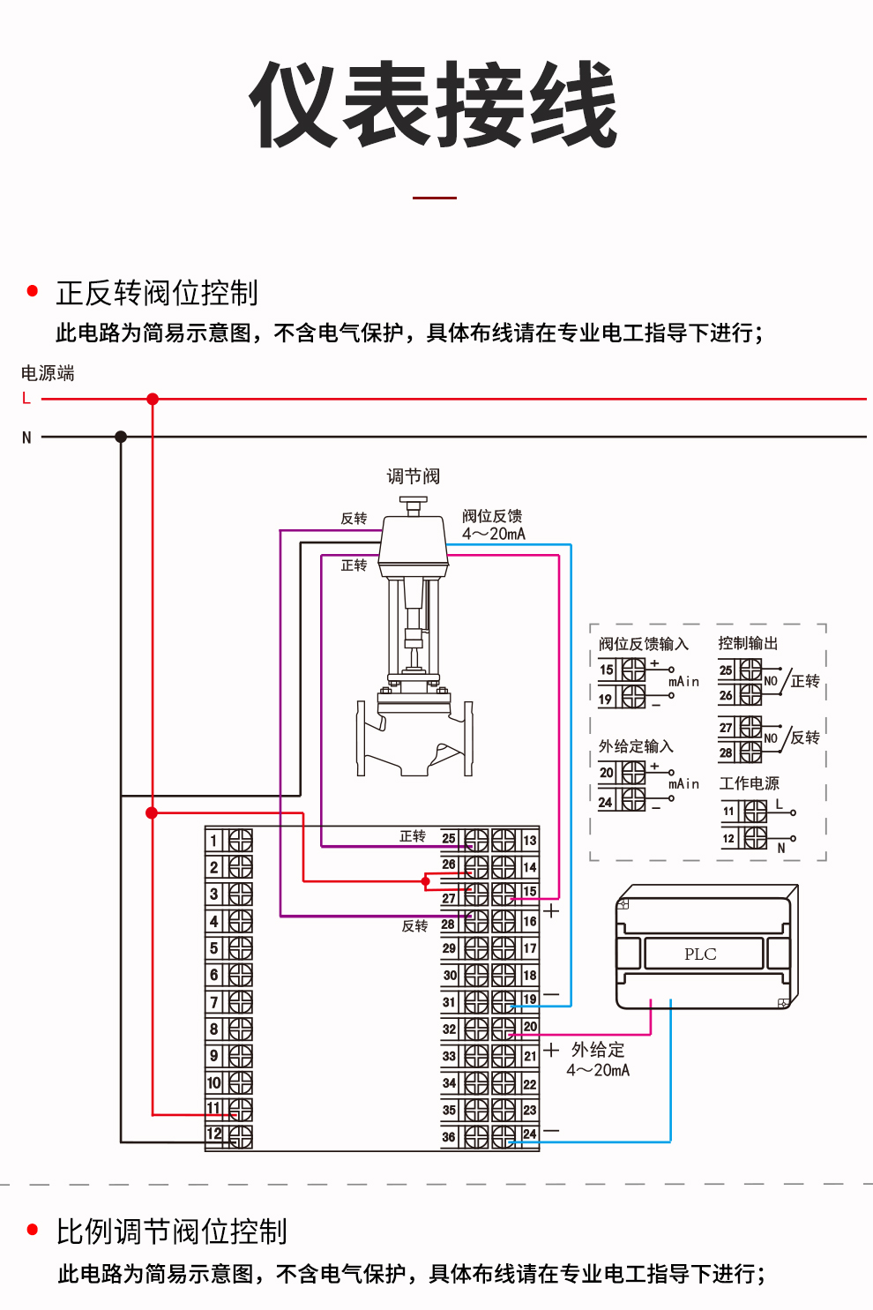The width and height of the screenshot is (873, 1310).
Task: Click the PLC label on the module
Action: [x=700, y=954]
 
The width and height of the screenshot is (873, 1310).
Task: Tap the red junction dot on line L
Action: [x=153, y=399]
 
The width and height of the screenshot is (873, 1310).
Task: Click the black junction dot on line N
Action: [x=121, y=437]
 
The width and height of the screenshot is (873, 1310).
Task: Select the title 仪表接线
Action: [x=435, y=106]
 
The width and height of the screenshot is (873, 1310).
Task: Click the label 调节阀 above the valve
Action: [x=413, y=476]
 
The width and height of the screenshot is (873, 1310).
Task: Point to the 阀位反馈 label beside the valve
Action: [x=492, y=516]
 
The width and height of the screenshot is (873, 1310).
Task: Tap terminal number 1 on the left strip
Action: [x=214, y=841]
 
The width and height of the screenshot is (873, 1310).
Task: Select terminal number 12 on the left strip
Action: [x=214, y=1134]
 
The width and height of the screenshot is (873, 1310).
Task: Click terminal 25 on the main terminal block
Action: [x=449, y=839]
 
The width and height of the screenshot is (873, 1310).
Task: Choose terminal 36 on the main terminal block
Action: [x=449, y=1137]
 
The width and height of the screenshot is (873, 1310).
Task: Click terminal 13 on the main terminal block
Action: [x=529, y=841]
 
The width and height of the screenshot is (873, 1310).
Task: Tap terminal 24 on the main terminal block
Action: [x=529, y=1134]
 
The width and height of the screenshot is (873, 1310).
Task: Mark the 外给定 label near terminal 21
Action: [x=598, y=1050]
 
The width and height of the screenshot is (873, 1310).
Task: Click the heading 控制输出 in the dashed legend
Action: [x=748, y=643]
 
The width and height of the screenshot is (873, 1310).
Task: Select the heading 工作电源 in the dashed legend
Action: [x=749, y=783]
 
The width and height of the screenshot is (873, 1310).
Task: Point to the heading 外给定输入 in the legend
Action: [x=636, y=746]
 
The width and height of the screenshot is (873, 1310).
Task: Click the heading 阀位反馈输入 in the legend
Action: [x=643, y=644]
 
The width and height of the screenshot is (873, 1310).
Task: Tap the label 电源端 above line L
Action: [x=48, y=373]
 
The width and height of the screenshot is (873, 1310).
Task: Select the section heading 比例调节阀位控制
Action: [x=172, y=1231]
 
